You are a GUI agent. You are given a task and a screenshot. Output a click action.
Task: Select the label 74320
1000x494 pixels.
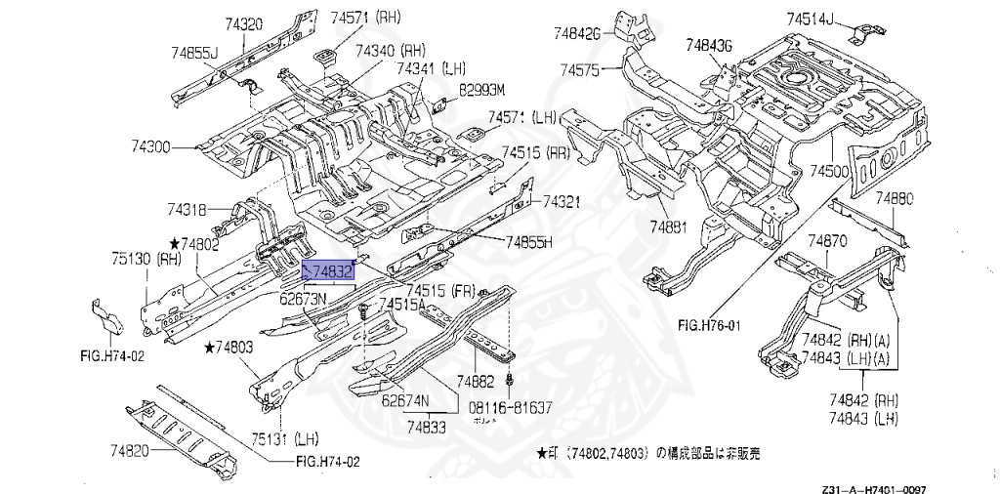243,23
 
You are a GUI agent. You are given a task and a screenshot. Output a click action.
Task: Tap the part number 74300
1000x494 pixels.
151,147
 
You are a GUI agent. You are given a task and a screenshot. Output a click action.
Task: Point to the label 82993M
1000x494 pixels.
482,90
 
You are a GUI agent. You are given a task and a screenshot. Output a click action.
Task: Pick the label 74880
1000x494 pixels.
893,198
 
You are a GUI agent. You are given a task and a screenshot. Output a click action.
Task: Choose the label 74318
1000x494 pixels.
186,209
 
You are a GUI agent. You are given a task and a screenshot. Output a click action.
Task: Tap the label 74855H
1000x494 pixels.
529,242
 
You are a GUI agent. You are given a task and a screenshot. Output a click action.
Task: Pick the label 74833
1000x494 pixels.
427,426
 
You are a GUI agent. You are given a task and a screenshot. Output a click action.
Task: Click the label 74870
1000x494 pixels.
827,240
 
